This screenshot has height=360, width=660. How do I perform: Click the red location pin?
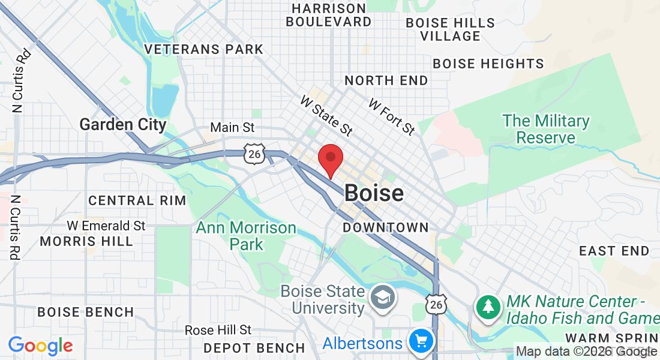click(x=330, y=160)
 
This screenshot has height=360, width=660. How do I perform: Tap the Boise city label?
click(x=374, y=193)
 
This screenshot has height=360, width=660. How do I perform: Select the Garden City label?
click(x=123, y=125)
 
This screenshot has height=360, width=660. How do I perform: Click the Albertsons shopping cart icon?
click(x=421, y=342)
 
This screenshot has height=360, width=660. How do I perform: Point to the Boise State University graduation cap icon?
click(x=380, y=296)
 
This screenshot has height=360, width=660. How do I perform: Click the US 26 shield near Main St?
click(x=254, y=154)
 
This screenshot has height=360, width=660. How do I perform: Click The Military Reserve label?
click(x=546, y=129)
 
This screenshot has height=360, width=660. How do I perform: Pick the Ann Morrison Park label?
click(x=246, y=236)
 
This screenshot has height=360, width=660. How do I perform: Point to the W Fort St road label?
click(x=391, y=117)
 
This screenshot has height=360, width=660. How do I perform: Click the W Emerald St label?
click(x=106, y=226)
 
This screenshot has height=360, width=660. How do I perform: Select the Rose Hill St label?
click(x=218, y=330)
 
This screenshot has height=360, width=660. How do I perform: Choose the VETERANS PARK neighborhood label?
click(x=204, y=49)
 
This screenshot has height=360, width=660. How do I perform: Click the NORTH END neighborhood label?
click(x=386, y=80)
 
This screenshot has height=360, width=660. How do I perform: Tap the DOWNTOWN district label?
click(x=386, y=227)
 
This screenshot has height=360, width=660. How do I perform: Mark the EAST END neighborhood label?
click(x=614, y=251)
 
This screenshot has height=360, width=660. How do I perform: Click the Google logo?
click(x=40, y=346)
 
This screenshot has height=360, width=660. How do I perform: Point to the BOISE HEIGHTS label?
click(x=488, y=64)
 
